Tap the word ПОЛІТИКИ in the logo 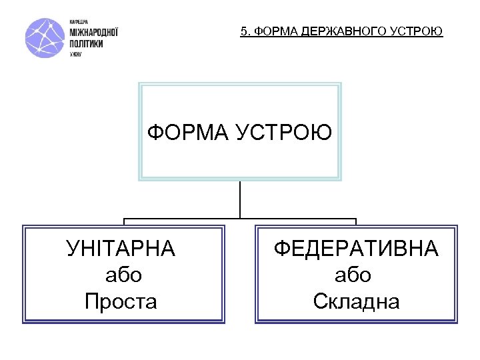(86, 42)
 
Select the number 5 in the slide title (244, 31)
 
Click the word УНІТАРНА (121, 249)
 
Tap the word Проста (121, 302)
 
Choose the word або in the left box (123, 275)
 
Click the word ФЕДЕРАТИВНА (356, 249)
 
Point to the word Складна (356, 302)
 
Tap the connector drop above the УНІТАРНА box (124, 221)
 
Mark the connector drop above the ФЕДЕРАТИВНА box (356, 221)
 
